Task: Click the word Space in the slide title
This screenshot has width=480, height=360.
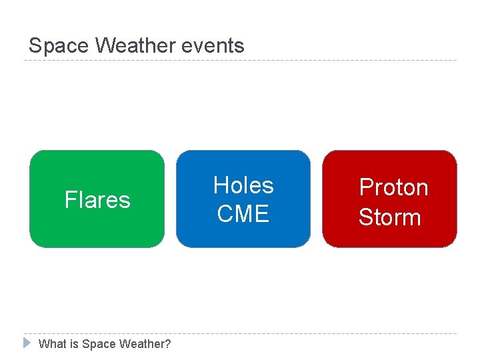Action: click(x=59, y=46)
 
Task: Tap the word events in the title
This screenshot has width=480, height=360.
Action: click(x=217, y=46)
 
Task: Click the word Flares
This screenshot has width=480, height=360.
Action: click(x=97, y=200)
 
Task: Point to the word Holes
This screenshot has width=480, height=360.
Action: click(x=243, y=185)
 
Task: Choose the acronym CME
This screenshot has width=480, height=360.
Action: click(x=243, y=214)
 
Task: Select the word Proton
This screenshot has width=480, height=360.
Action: click(x=393, y=188)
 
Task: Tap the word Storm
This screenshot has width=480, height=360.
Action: click(x=390, y=217)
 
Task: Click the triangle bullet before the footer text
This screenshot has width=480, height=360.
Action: click(x=27, y=343)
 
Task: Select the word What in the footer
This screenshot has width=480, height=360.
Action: click(x=52, y=344)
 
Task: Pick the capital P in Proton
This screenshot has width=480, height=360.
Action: click(x=366, y=188)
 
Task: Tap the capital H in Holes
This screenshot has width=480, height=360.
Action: click(x=221, y=185)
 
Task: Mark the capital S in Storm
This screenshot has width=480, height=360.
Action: click(x=366, y=217)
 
